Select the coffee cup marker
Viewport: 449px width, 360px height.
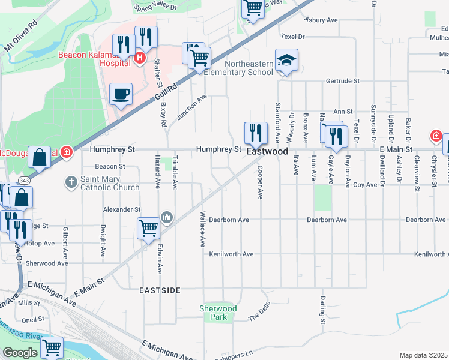[121, 94]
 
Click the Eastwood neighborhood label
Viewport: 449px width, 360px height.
[267, 152]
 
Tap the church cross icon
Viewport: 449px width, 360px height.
[71, 181]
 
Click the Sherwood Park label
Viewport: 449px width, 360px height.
[218, 313]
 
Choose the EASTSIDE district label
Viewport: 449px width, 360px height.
[160, 290]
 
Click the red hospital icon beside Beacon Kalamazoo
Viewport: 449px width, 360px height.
[139, 58]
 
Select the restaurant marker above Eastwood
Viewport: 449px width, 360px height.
[255, 134]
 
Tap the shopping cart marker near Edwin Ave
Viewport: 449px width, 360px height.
[148, 229]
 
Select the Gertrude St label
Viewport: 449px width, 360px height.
[342, 80]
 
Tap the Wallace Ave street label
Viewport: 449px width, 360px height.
[203, 229]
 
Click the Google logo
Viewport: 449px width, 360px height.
[20, 353]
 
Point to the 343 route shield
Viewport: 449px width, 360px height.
[24, 181]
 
